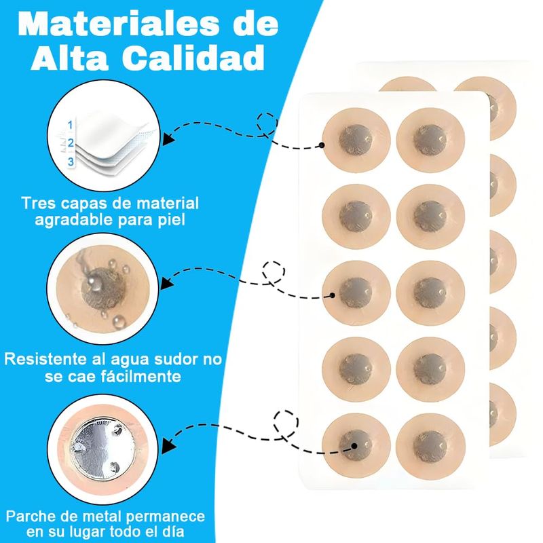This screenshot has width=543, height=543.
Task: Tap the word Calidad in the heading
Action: coord(193,58)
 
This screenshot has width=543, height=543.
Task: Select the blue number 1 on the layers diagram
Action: coord(71,125)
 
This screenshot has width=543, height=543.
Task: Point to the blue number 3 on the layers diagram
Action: coord(71,162)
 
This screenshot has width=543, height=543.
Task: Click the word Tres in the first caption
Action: coord(37,203)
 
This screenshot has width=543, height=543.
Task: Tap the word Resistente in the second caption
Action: coord(55,359)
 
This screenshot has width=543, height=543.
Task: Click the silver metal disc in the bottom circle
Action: coord(103,448)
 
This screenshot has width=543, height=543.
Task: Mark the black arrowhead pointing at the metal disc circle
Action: coord(168,446)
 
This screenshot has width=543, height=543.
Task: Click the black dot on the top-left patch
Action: coord(322,145)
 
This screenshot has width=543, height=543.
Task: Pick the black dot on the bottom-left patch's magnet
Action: coord(354,446)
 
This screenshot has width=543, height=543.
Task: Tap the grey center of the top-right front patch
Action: coord(430,140)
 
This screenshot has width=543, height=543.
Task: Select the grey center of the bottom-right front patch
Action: coord(430,446)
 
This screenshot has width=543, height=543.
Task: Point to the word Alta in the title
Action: coord(70,58)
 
